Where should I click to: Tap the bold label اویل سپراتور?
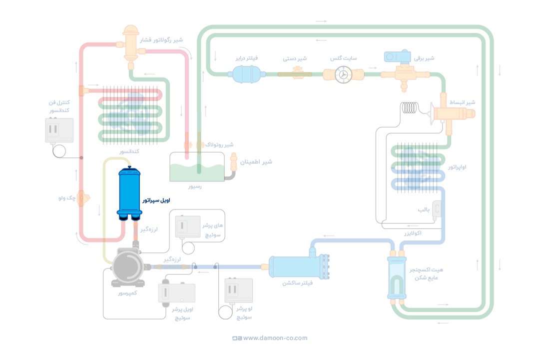click(x=156, y=200)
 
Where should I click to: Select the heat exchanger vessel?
click(x=397, y=278)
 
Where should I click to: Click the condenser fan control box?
click(x=59, y=130)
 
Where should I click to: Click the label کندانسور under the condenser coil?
click(x=129, y=150)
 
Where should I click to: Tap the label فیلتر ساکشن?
click(x=298, y=283)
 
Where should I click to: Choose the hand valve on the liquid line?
click(x=295, y=74)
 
